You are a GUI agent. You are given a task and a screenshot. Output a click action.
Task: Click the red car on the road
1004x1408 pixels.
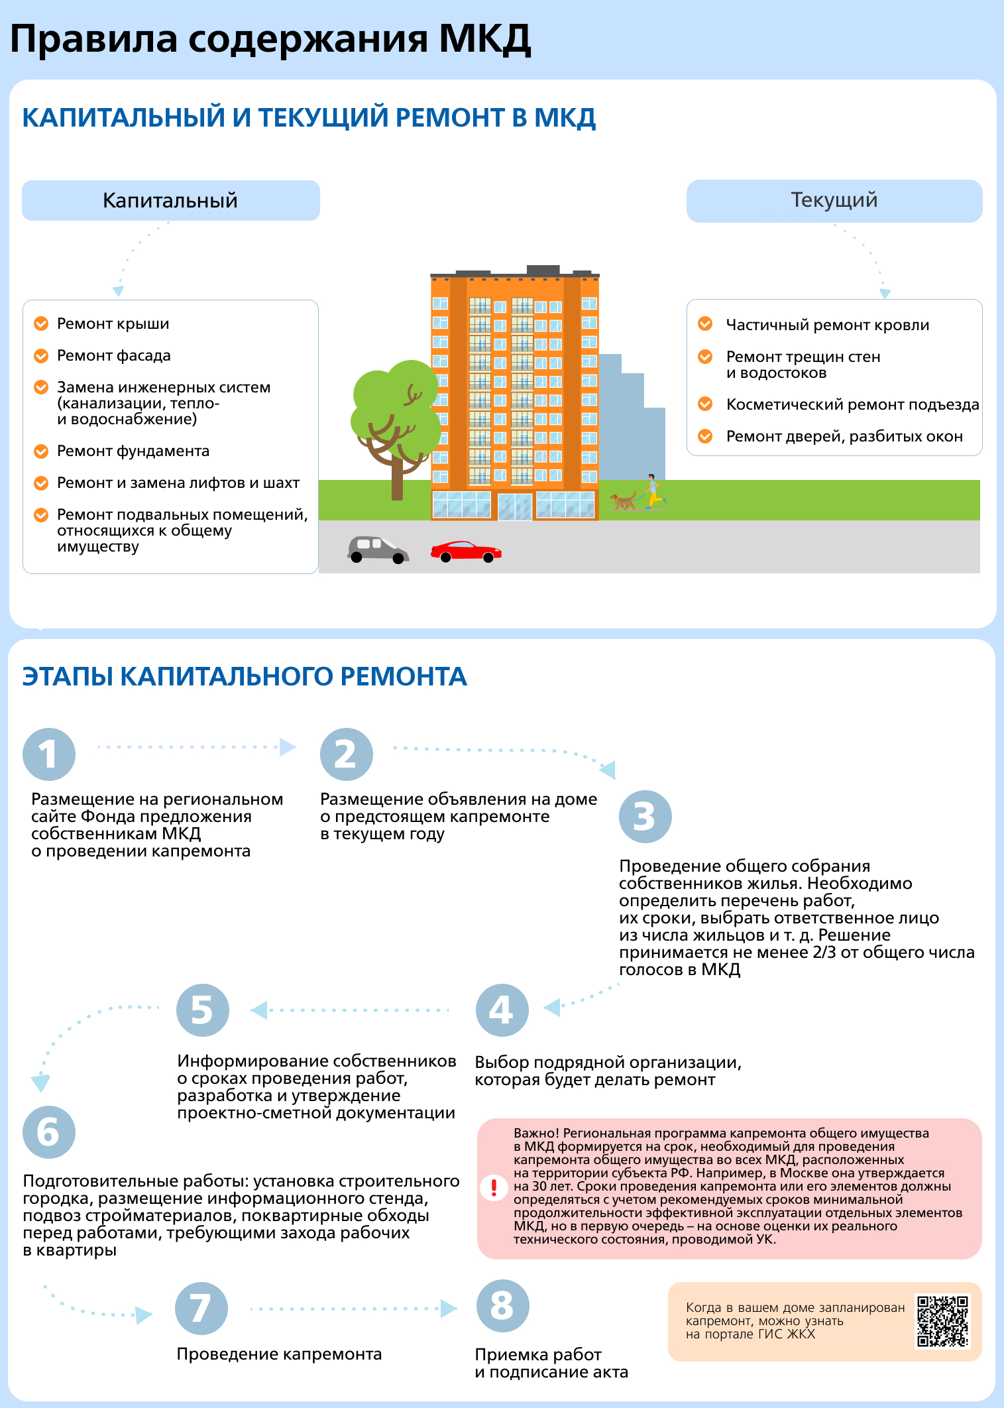click(x=466, y=552)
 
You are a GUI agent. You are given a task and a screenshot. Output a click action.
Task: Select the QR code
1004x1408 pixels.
click(x=942, y=1321)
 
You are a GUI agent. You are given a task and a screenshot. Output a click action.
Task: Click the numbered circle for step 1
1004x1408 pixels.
click(x=49, y=754)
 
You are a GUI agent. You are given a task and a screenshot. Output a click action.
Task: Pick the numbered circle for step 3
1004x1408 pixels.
click(x=645, y=817)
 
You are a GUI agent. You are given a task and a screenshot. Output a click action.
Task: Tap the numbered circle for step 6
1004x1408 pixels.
click(x=49, y=1132)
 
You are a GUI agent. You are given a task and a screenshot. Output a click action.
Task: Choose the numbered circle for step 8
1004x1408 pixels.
click(x=502, y=1306)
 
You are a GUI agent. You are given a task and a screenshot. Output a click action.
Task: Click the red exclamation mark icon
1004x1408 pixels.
click(x=494, y=1187)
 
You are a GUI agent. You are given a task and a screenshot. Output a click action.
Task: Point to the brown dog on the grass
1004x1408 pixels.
click(x=623, y=500)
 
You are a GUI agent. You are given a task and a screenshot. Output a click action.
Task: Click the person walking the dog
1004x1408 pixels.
click(x=653, y=491)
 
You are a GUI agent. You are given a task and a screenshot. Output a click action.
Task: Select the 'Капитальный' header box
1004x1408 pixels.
click(x=171, y=200)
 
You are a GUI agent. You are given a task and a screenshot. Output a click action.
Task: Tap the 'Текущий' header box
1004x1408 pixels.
click(x=834, y=201)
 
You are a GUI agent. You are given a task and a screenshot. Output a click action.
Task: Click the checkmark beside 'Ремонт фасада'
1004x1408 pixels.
click(x=41, y=356)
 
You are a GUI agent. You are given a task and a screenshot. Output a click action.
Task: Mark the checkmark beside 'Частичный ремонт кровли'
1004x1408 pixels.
click(x=705, y=324)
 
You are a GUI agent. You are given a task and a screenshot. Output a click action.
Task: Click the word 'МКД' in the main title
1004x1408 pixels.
click(x=484, y=38)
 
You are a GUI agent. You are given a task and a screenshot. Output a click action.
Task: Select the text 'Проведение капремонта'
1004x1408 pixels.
click(x=279, y=1354)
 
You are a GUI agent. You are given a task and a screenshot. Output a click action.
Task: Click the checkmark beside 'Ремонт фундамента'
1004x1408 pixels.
click(x=41, y=451)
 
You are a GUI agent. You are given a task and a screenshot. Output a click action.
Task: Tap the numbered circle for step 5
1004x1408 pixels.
click(x=203, y=1010)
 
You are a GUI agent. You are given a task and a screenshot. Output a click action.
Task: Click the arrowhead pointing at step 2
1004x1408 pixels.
click(x=288, y=747)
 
